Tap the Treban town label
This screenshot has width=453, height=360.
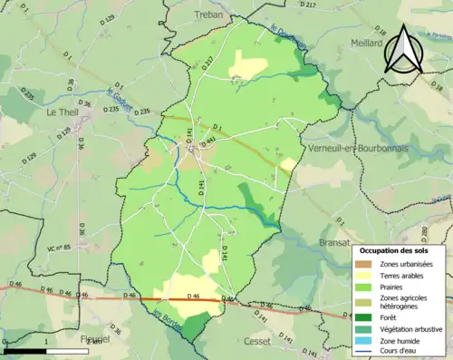point(210,15)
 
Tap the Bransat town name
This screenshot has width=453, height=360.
point(337,243)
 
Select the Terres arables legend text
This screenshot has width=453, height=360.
point(405,276)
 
